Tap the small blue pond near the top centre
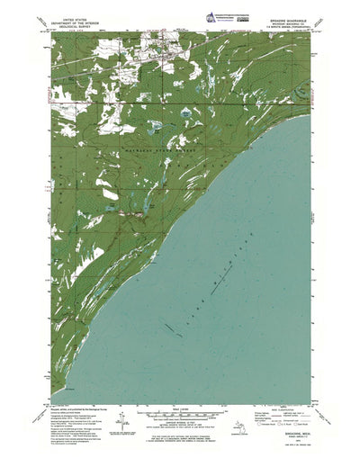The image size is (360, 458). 184,114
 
